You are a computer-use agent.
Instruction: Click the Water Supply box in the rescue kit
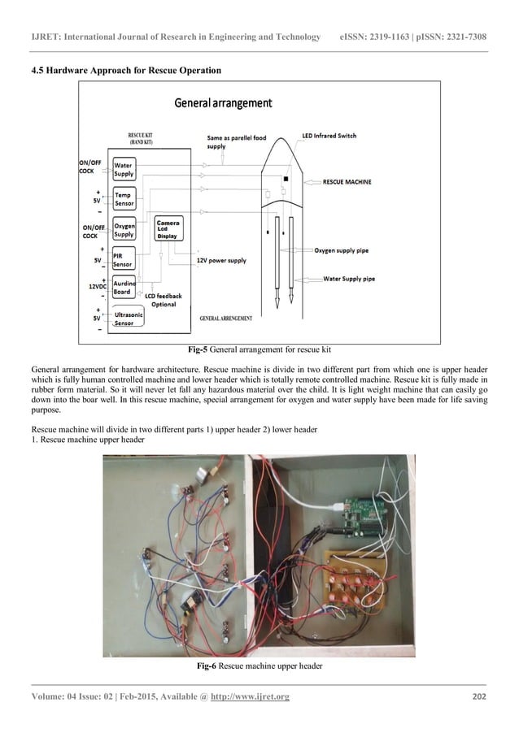(124, 169)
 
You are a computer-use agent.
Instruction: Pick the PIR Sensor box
(123, 258)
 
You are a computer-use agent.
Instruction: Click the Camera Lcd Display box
(168, 228)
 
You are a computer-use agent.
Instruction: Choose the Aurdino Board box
(124, 288)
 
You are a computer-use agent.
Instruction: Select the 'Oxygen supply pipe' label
(341, 251)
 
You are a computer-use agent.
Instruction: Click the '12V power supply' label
(221, 261)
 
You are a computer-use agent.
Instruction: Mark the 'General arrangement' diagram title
(224, 103)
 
